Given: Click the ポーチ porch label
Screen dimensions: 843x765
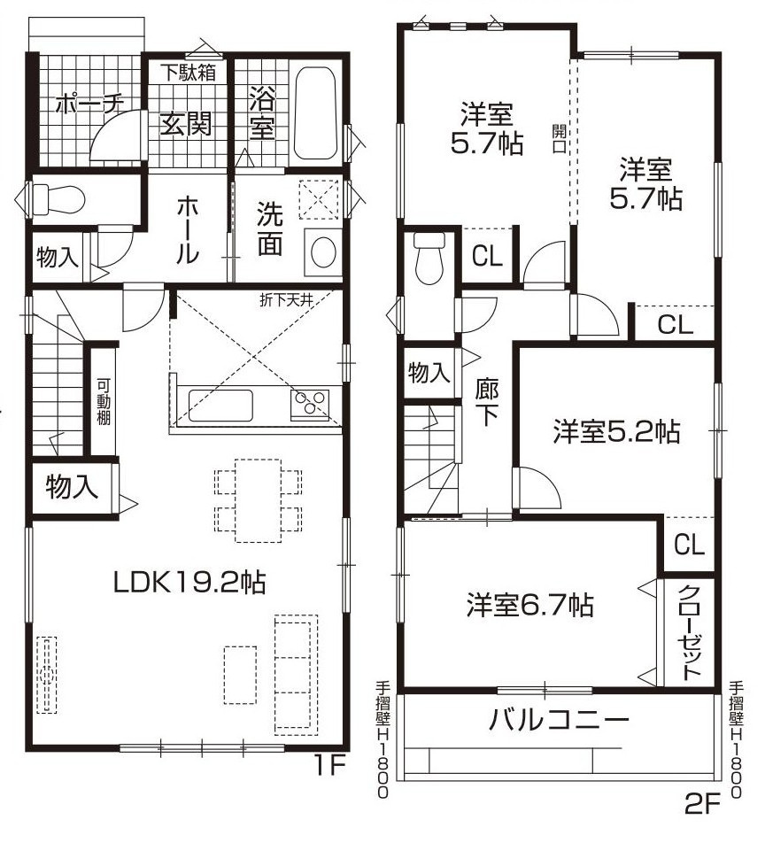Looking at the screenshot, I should click(88, 104).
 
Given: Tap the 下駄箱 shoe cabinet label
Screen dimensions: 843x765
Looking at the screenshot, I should click(188, 72).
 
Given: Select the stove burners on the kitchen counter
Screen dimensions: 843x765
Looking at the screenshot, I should click(310, 405).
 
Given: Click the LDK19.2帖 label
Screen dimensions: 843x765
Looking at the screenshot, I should click(189, 582).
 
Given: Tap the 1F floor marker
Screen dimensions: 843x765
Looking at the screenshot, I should click(327, 764).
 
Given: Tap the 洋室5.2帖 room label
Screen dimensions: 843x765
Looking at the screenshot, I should click(616, 432).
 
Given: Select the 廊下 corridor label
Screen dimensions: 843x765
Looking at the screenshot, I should click(486, 402).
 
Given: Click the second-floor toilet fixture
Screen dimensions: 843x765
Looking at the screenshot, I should click(429, 258).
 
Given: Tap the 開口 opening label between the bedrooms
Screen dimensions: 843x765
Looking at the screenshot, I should click(559, 137).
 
